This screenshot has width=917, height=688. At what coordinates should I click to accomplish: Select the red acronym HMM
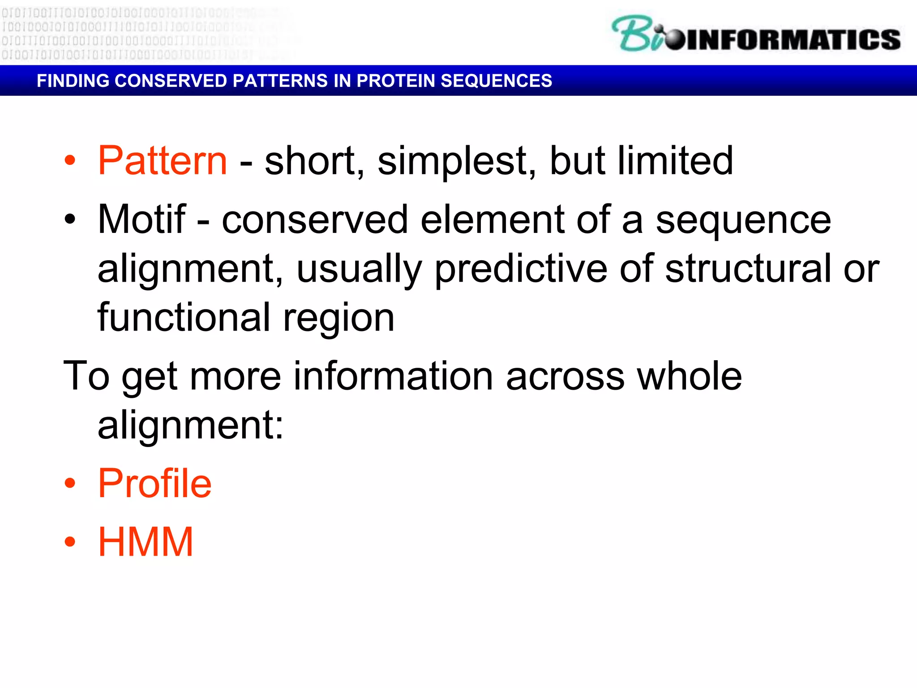(x=146, y=542)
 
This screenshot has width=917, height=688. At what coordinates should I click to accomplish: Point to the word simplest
(x=456, y=161)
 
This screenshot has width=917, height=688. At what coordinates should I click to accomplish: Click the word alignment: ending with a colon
(x=190, y=426)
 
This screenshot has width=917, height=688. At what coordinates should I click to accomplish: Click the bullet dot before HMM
(x=70, y=542)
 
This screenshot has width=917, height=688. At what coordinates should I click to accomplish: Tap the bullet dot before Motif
(x=70, y=219)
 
